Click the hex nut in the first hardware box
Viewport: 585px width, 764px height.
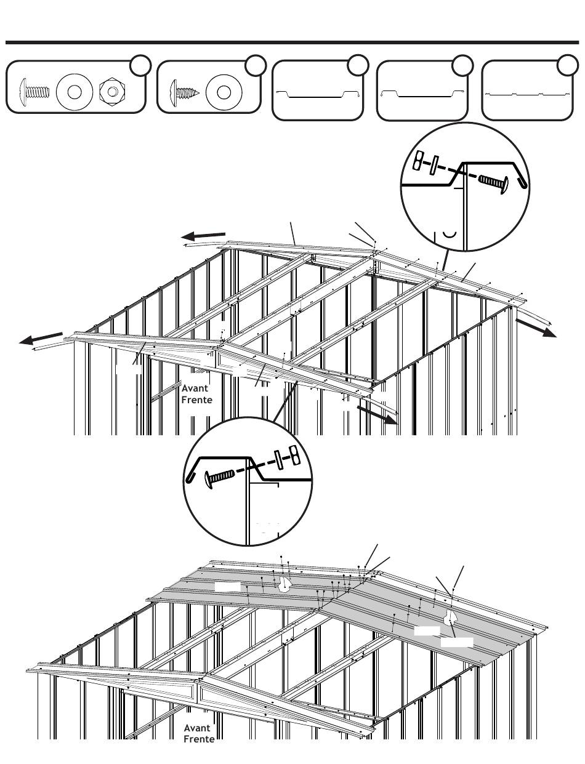pos(111,92)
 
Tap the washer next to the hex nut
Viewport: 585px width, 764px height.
pos(74,92)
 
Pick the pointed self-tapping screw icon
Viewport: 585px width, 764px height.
pos(183,92)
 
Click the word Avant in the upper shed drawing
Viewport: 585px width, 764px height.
pos(195,388)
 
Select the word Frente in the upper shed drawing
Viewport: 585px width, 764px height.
pos(197,400)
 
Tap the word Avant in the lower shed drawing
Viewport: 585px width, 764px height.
pos(197,728)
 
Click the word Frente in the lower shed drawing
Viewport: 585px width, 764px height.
pos(199,739)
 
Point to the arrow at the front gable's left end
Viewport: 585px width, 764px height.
pos(41,339)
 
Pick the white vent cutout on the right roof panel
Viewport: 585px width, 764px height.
pos(451,617)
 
